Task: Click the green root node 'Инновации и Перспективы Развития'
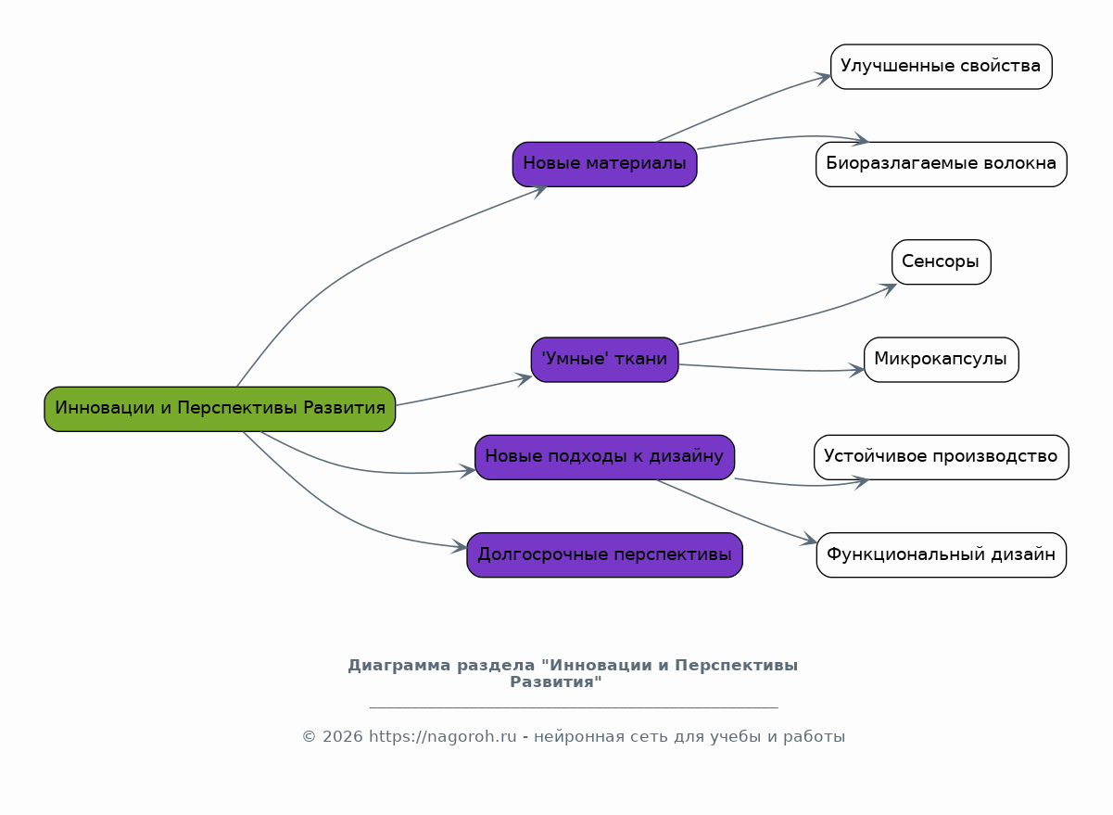[220, 409]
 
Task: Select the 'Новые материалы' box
[604, 164]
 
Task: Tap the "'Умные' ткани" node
[604, 360]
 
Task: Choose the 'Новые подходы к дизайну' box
[604, 457]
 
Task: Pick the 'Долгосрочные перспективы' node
[604, 555]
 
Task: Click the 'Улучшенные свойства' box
[941, 67]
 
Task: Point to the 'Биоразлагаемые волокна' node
[941, 164]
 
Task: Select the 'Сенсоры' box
[941, 262]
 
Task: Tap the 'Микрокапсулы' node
[941, 360]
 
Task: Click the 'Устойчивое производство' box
[941, 457]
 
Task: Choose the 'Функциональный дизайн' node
[941, 555]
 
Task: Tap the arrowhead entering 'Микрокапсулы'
[857, 370]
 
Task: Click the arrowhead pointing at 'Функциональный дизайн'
[811, 541]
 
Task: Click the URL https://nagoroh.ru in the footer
[443, 737]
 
